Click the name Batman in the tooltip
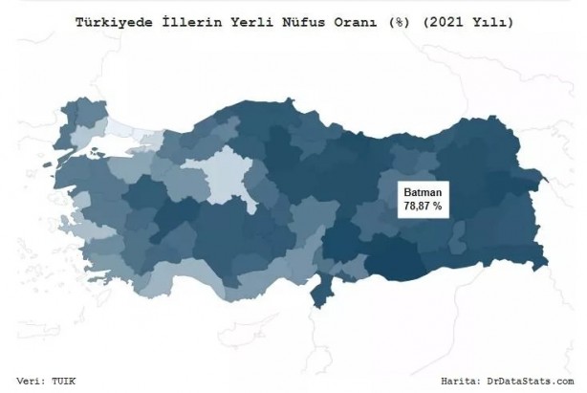tap(421, 192)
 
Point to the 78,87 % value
tap(421, 207)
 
